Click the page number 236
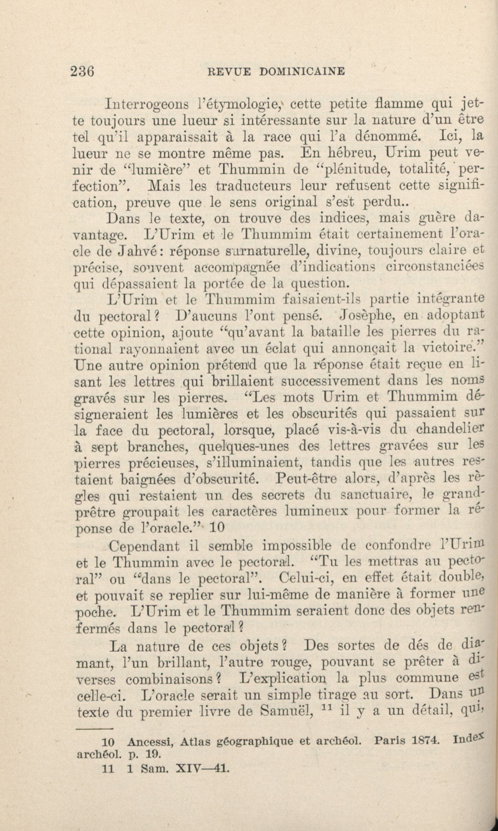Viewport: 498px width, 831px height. coord(82,71)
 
